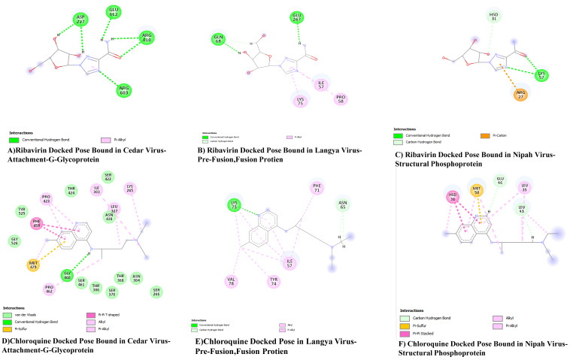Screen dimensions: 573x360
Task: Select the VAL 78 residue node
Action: tap(253, 283)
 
